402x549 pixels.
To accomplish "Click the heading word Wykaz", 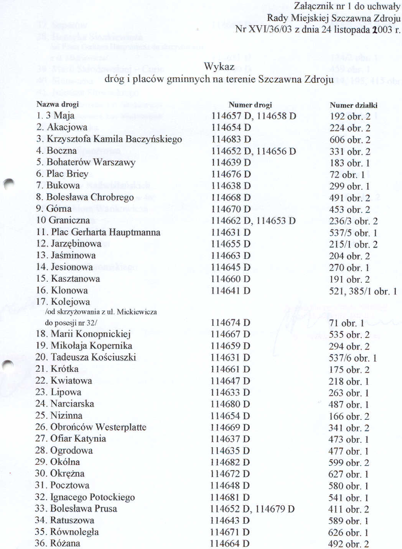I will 219,67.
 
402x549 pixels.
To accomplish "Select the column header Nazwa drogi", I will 58,104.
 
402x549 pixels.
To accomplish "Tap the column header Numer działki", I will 353,105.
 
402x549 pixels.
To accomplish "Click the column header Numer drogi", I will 250,105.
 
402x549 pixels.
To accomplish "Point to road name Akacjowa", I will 67,127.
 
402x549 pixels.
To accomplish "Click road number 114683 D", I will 231,139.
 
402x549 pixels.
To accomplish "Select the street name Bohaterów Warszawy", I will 91,162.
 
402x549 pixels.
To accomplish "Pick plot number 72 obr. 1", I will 347,175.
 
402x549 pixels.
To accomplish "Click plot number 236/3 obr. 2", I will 353,221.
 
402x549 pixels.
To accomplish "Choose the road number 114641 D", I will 231,291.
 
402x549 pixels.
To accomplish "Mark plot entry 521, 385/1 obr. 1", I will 362,291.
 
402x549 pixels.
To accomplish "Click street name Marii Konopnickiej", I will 91,334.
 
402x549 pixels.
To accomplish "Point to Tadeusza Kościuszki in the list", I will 93,357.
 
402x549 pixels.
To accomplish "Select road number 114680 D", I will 230,404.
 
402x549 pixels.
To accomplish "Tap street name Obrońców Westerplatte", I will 98,427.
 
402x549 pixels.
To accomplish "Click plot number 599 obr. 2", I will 348,463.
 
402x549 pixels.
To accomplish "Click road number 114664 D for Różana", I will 230,544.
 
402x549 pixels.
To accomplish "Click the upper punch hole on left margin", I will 8,184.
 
